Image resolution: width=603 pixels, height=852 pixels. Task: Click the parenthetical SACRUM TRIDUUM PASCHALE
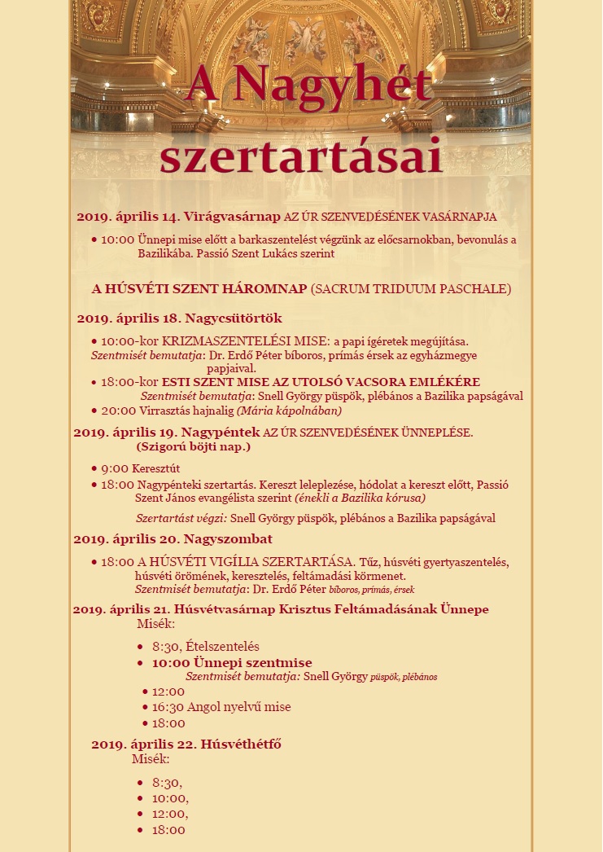coord(411,288)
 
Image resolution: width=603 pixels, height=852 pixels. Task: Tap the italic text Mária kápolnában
coord(289,411)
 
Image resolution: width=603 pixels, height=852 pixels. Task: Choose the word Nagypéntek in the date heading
coord(221,431)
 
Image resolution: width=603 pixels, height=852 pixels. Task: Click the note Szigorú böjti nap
coord(194,446)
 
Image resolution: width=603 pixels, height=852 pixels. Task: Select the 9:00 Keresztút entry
coord(140,468)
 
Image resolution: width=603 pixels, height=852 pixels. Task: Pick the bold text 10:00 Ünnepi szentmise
coord(231,663)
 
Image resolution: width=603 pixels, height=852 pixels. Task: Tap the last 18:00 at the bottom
coord(168,830)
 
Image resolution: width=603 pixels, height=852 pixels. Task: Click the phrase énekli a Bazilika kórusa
coord(360,498)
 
